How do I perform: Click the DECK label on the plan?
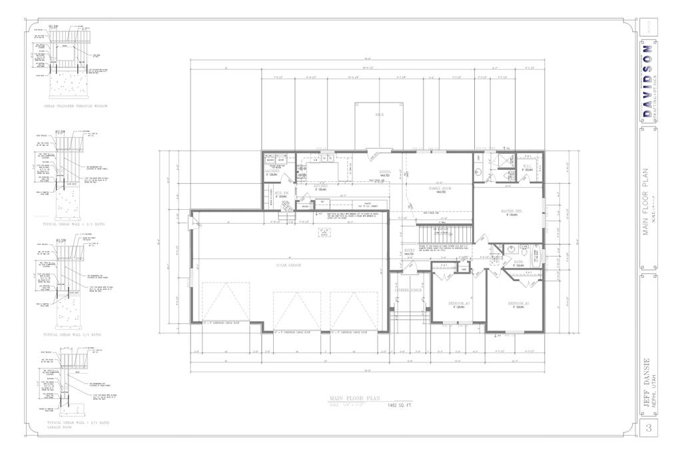pos(380,115)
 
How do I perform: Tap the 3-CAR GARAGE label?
pos(289,265)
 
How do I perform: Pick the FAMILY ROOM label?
pos(440,189)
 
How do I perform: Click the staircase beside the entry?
pos(444,234)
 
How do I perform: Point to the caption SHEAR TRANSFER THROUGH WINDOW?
pos(75,106)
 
